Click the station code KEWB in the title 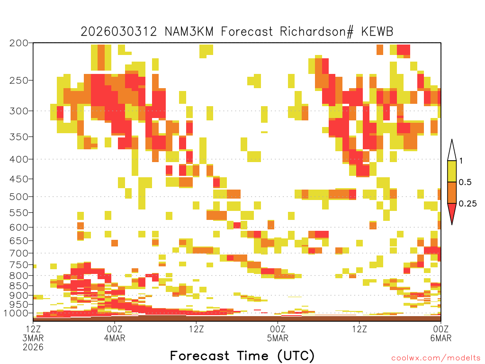pos(377,32)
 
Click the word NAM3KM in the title pos(189,32)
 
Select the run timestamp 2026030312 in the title pos(119,32)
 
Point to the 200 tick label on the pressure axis pos(19,43)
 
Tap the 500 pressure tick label pos(19,197)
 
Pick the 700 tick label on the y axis pos(19,253)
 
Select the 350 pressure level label pos(19,137)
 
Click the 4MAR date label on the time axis pos(115,338)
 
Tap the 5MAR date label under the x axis pos(278,338)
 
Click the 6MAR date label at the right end pos(440,338)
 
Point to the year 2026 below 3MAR pos(33,347)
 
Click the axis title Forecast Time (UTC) pos(242,356)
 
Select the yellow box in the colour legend pos(452,171)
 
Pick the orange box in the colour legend pos(452,192)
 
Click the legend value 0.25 pos(467,203)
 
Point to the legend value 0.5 pos(465,182)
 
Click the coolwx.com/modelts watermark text pos(436,358)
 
